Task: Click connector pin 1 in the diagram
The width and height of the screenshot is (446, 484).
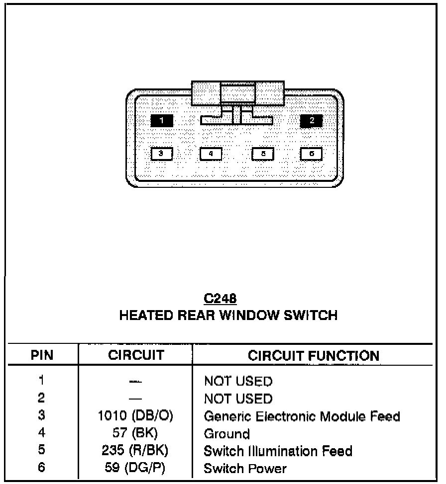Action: click(x=162, y=121)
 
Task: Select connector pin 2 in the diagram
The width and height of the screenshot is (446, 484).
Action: click(x=312, y=121)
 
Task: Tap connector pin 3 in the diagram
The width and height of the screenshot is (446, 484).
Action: click(x=161, y=154)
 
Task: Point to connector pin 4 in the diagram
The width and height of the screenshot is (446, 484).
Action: click(x=211, y=154)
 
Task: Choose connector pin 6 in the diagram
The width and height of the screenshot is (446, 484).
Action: click(x=312, y=154)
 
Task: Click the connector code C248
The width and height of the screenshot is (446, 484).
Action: click(x=220, y=298)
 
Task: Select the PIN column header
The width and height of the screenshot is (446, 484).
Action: click(x=42, y=355)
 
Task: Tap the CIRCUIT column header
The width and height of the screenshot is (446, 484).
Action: click(x=136, y=355)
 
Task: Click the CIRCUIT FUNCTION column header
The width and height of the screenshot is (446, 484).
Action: click(x=313, y=355)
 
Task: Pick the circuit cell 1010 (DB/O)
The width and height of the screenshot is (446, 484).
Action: click(x=135, y=416)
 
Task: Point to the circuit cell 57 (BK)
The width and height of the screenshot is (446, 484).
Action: click(x=135, y=434)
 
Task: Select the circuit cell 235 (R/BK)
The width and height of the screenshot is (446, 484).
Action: click(x=135, y=451)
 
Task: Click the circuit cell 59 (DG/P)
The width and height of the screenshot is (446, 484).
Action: click(x=135, y=469)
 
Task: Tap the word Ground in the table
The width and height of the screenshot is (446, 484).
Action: click(x=226, y=434)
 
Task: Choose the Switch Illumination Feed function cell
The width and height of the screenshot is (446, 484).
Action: click(x=278, y=451)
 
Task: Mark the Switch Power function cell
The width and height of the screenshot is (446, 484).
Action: click(x=245, y=469)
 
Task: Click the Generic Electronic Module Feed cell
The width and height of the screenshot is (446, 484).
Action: click(x=302, y=416)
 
